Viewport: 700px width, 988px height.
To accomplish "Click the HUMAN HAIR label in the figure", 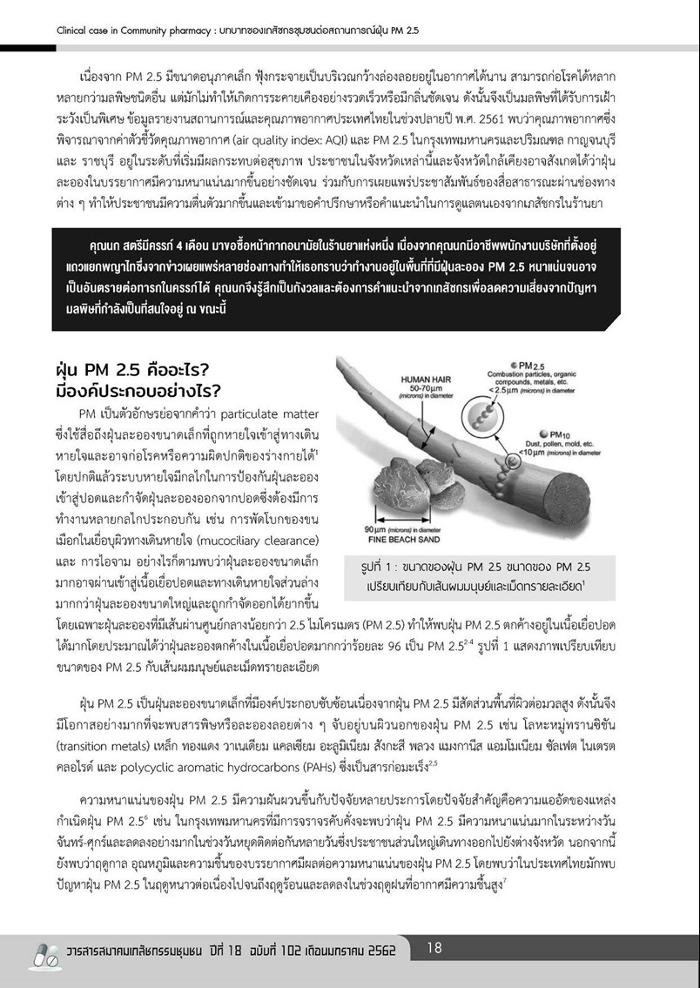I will (x=424, y=380).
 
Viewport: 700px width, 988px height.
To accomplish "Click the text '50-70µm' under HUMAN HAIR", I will (x=424, y=391).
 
